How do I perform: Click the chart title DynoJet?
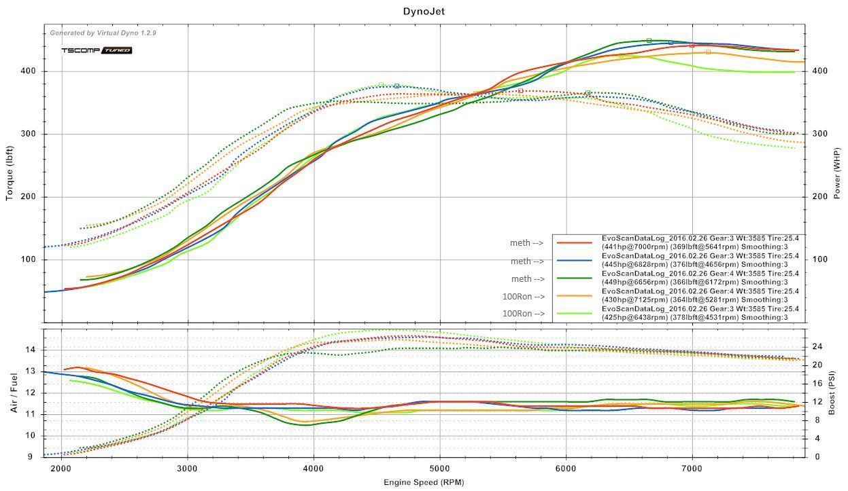click(x=424, y=11)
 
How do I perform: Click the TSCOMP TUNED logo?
click(x=97, y=50)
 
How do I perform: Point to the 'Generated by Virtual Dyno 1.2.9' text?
click(x=103, y=33)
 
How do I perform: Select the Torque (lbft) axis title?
click(x=10, y=174)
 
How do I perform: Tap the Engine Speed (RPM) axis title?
click(x=424, y=482)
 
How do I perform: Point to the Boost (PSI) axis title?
click(x=836, y=393)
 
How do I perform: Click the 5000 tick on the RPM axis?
click(x=440, y=468)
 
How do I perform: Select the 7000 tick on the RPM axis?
click(x=692, y=468)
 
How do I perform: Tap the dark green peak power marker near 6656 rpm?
click(x=649, y=41)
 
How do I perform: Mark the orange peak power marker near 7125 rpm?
click(x=708, y=52)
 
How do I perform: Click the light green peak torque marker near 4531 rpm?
click(x=381, y=84)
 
